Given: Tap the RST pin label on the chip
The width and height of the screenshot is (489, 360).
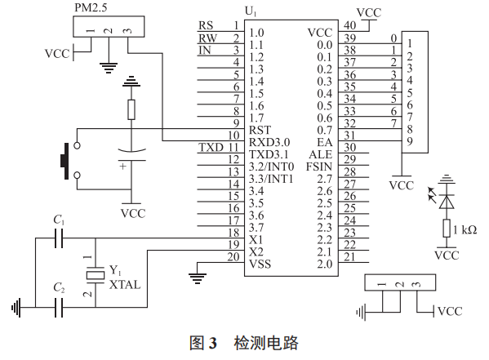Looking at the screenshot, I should (x=260, y=128).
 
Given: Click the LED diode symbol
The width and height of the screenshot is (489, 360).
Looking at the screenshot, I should (x=447, y=198).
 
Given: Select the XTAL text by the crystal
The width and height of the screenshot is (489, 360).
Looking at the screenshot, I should (x=124, y=283).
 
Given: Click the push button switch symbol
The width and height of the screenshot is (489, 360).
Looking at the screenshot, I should (x=64, y=160).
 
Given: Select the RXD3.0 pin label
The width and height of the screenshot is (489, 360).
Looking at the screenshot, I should (x=268, y=140).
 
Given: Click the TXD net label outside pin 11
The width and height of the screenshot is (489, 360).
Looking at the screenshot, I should (x=210, y=147).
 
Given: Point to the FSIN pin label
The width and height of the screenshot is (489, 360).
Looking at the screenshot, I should (x=318, y=166).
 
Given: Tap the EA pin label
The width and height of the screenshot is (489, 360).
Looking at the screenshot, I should (x=325, y=140).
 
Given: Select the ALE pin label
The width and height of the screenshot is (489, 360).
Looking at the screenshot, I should (x=321, y=153).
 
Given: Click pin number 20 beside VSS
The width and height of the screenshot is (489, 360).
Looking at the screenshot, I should (x=233, y=257).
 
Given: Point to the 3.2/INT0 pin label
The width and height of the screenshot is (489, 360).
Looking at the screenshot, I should (x=273, y=166).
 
